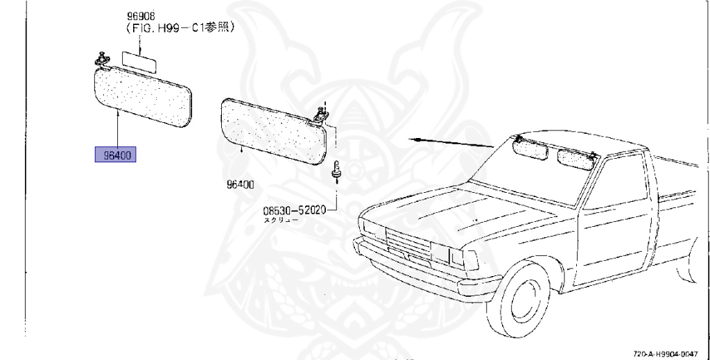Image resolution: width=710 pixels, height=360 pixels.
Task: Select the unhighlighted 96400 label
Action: [x=239, y=185]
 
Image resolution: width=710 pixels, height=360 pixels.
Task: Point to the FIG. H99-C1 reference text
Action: [x=178, y=28]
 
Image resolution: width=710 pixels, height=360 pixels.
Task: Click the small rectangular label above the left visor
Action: [x=139, y=60]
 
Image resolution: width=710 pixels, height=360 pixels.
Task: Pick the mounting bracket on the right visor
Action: [x=322, y=113]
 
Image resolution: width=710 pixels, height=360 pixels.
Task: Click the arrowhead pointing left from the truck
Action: [x=414, y=139]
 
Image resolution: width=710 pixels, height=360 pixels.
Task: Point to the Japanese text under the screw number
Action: [x=280, y=220]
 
